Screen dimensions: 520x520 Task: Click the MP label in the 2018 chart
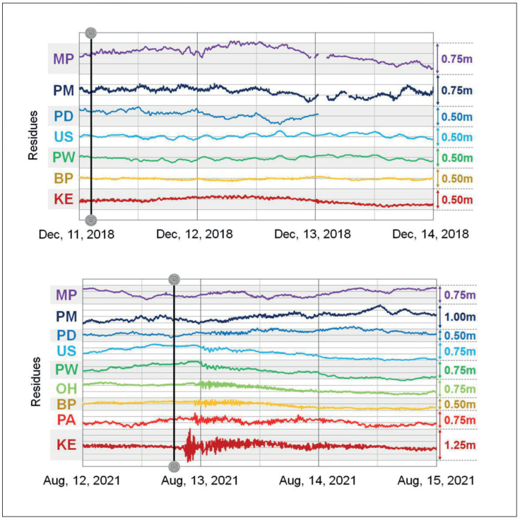tap(63, 59)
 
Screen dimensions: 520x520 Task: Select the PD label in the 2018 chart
tap(63, 115)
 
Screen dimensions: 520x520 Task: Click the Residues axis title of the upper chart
tap(33, 134)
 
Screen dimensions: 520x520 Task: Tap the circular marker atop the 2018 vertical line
tap(90, 33)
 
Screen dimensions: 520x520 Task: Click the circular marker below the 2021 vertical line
tap(175, 466)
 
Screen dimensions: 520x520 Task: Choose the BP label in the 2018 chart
tap(63, 177)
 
